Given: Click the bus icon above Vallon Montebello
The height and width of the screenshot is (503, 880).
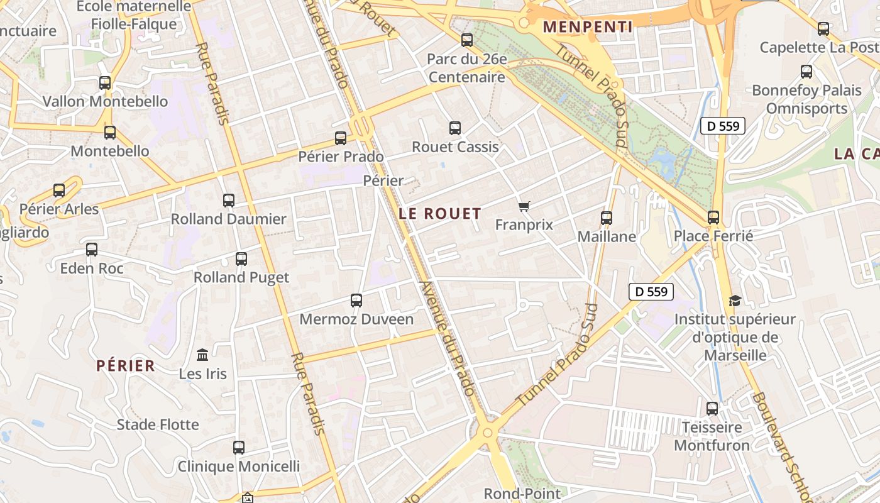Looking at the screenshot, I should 105,82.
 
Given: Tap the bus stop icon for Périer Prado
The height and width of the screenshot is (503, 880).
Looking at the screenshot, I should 341,138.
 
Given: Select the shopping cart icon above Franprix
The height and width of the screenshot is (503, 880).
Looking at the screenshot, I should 524,206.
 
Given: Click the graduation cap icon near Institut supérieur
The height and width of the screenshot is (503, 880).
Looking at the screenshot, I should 735,301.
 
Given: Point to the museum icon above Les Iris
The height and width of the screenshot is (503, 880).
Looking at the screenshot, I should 202,355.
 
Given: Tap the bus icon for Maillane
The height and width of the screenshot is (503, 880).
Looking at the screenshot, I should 607,218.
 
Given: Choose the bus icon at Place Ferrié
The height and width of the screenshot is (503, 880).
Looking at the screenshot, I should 713,217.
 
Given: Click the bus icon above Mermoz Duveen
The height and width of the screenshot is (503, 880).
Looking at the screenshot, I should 356,300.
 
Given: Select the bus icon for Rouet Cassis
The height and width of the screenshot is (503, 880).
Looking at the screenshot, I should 455,128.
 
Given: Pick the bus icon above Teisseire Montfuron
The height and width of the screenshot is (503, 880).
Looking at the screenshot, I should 712,408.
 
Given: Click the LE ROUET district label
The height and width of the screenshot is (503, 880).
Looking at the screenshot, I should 440,214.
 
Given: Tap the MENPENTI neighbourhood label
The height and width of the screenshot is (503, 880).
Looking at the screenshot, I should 588,27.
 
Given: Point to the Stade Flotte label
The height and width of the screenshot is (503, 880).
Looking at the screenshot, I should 158,425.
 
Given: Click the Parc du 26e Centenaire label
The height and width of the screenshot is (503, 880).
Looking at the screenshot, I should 466,68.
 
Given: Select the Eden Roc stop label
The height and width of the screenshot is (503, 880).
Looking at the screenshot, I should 92,268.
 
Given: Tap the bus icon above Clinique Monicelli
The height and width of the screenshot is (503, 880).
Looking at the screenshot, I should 239,448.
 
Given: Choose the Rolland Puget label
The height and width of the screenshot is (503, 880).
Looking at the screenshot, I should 241,277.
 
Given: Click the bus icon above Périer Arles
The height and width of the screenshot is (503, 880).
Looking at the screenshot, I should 59,190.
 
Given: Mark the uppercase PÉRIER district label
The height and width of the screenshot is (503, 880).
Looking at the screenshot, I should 126,366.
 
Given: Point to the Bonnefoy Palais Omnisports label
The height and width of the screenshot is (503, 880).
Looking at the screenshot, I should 806,99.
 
